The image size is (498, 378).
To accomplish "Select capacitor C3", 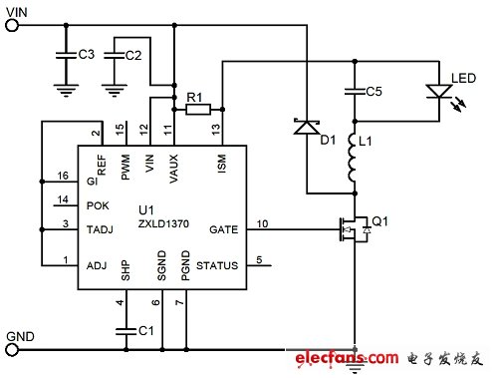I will (65, 51).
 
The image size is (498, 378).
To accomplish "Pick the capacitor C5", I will (352, 92).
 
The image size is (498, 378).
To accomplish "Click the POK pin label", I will (97, 205).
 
